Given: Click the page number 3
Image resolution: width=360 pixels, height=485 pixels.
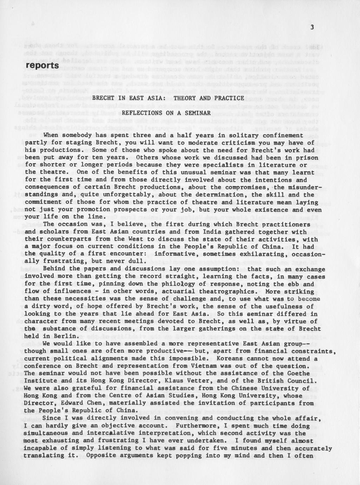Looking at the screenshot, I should click(x=312, y=28).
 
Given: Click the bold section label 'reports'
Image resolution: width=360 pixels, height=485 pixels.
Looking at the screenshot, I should click(x=42, y=66).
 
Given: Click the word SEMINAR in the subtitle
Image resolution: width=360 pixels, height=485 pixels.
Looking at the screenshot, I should click(x=198, y=113).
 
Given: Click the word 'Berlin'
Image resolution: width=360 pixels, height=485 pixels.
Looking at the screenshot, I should click(x=62, y=336).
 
